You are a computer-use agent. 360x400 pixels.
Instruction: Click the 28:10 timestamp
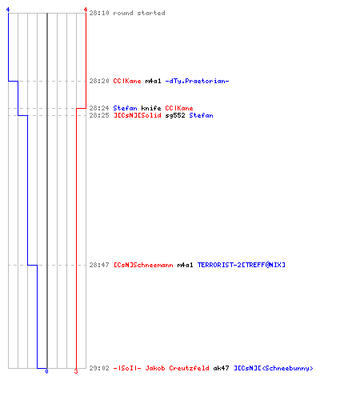click(x=99, y=13)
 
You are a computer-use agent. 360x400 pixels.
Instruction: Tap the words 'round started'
click(x=139, y=13)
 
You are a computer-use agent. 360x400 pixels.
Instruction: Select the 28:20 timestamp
click(x=99, y=81)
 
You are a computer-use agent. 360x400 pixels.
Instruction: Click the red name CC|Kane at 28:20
click(x=127, y=81)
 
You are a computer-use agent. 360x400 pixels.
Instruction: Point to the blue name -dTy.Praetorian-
click(x=197, y=81)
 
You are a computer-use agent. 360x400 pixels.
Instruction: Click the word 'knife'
click(x=151, y=108)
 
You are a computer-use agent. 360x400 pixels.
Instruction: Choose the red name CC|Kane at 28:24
click(x=179, y=108)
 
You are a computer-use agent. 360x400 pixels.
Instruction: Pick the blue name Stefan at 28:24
click(x=125, y=108)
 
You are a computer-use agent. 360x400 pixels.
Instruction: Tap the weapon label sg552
click(x=175, y=115)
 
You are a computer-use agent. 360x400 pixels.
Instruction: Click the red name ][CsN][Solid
click(x=138, y=115)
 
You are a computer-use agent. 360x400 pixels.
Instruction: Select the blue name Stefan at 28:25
click(x=201, y=115)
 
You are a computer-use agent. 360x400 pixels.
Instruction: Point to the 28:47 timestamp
click(x=99, y=265)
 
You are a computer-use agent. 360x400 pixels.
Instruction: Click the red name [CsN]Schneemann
click(x=143, y=265)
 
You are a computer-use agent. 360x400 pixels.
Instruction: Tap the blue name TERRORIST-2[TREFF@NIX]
click(x=242, y=265)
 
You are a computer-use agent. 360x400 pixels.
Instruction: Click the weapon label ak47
click(x=221, y=368)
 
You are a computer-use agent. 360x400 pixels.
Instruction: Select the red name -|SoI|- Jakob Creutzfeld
click(x=161, y=368)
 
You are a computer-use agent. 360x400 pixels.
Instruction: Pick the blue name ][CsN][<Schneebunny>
click(x=274, y=368)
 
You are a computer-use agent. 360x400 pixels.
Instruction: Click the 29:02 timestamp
click(x=99, y=368)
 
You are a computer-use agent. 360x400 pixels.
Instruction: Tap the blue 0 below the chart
click(x=46, y=371)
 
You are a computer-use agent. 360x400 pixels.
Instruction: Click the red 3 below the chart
click(x=76, y=371)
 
